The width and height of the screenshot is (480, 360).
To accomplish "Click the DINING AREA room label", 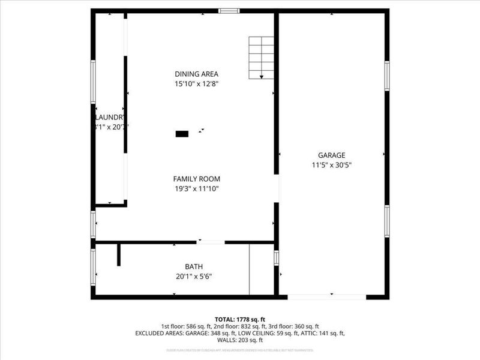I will pyautogui.click(x=192, y=74).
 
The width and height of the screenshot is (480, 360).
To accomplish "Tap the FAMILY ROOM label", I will pyautogui.click(x=196, y=179).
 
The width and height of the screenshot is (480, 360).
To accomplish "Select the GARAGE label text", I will pyautogui.click(x=331, y=155).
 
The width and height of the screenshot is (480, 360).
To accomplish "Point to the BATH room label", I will pyautogui.click(x=194, y=266).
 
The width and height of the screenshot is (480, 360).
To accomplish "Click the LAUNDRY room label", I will pyautogui.click(x=110, y=117).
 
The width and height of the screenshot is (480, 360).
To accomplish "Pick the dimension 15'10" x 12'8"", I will pyautogui.click(x=192, y=84).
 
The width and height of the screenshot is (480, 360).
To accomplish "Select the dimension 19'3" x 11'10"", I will pyautogui.click(x=196, y=189).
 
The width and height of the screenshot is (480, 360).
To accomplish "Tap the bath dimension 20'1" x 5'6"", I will pyautogui.click(x=194, y=277).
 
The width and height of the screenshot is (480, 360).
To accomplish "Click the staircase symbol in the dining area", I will pyautogui.click(x=261, y=58).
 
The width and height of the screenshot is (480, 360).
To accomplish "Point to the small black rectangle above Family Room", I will pyautogui.click(x=182, y=134).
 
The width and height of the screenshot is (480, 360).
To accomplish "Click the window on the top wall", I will pyautogui.click(x=229, y=10).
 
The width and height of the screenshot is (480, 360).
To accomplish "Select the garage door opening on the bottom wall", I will pyautogui.click(x=327, y=296).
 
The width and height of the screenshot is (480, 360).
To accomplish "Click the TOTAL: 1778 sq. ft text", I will pyautogui.click(x=240, y=319).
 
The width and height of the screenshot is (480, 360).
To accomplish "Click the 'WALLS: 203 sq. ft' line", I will pyautogui.click(x=240, y=340).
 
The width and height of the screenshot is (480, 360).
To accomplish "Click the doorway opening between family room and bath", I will pyautogui.click(x=211, y=242).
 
